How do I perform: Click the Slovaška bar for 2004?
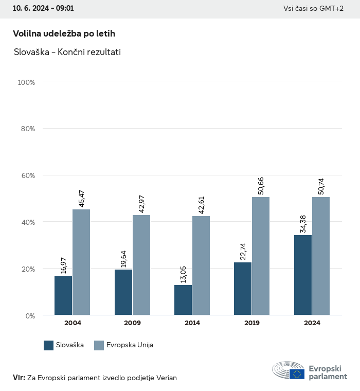click(x=63, y=295)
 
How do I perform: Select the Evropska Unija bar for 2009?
click(x=141, y=265)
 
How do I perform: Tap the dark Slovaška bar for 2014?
click(x=183, y=300)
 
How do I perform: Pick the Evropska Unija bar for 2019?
click(x=261, y=256)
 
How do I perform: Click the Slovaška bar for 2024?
click(x=303, y=275)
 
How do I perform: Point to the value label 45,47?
click(x=81, y=199)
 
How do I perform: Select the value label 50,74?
click(x=321, y=186)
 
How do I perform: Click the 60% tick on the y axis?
click(x=27, y=175)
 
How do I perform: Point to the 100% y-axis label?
click(x=26, y=82)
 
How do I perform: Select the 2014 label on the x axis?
click(x=192, y=323)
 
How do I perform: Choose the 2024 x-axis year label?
click(x=312, y=323)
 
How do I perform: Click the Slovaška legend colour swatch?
click(x=49, y=345)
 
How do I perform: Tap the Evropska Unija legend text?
click(x=130, y=345)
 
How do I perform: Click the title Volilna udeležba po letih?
click(x=64, y=33)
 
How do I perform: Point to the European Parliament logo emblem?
click(x=288, y=370)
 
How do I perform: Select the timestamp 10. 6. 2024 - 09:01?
click(x=43, y=9)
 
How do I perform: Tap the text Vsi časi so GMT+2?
click(x=313, y=9)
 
